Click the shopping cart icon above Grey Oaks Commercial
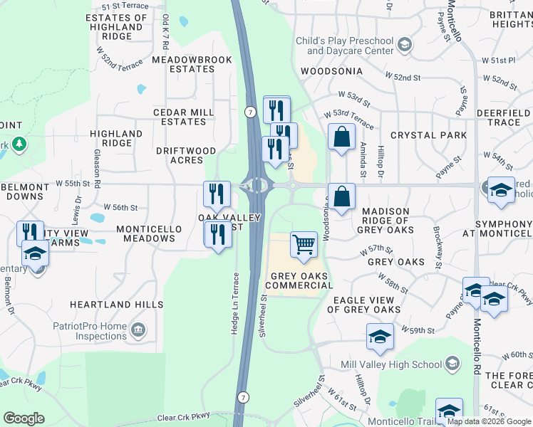click(304, 245)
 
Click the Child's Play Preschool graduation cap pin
click(405, 46)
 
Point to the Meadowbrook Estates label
click(192, 64)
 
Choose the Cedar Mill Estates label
click(184, 117)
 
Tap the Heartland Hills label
click(116, 304)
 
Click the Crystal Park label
click(418, 135)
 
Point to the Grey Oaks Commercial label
click(300, 280)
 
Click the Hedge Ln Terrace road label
click(235, 301)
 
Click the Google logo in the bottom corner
click(24, 418)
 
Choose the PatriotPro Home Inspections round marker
click(138, 331)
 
